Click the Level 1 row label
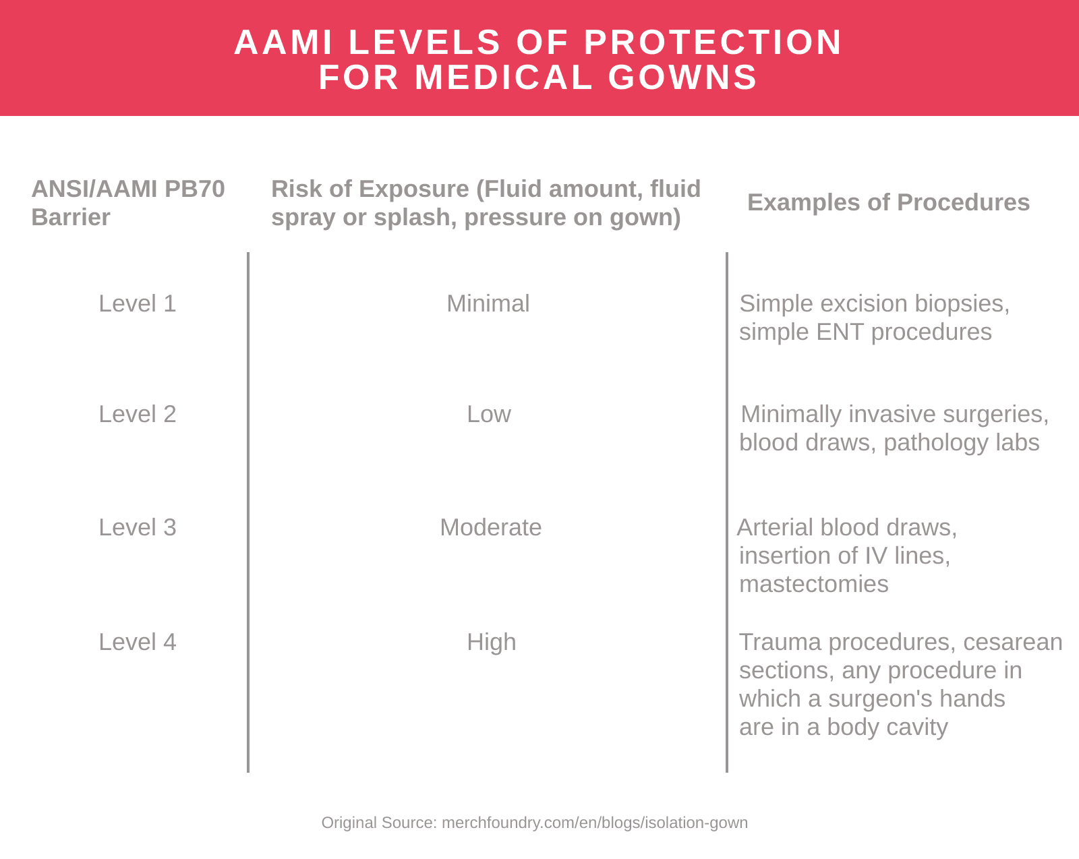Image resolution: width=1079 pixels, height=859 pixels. pos(137,303)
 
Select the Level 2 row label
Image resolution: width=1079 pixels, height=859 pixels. pos(137,414)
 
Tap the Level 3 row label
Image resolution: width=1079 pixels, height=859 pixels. pos(137,527)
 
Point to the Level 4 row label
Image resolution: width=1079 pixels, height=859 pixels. pos(137,642)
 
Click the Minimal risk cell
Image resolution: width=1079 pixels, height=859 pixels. pos(488,303)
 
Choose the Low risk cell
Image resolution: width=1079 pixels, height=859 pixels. pos(488,414)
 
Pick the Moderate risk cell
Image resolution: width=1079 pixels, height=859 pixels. pos(490,527)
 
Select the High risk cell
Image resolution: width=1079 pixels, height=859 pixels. pos(491,642)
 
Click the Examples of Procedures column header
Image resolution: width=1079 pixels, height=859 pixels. pos(888,202)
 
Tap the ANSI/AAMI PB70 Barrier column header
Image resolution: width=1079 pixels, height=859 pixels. pos(127,202)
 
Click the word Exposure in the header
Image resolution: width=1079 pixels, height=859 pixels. pos(413,189)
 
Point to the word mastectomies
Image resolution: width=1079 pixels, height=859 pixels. pos(813,584)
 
